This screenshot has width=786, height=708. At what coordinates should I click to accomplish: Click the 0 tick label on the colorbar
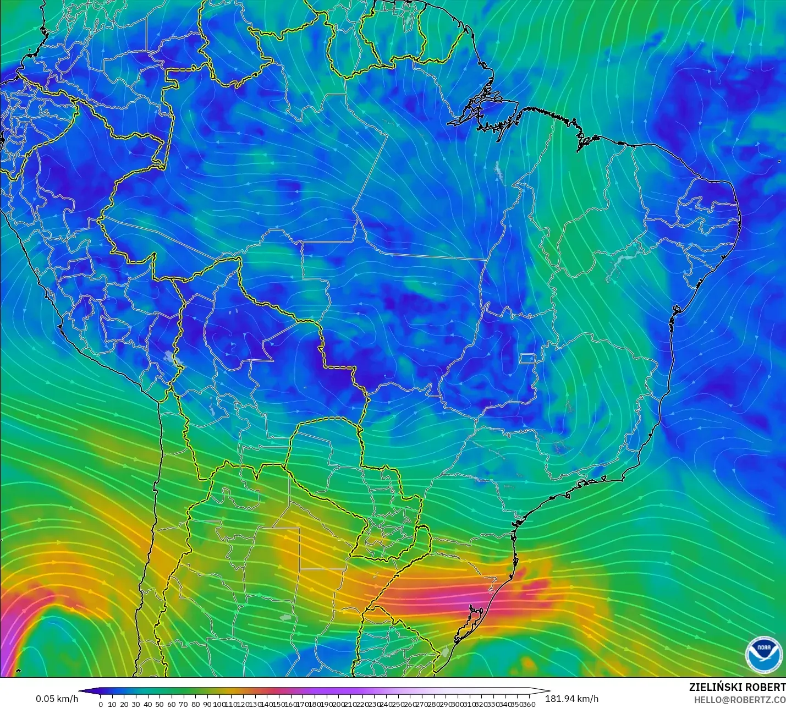point(100,704)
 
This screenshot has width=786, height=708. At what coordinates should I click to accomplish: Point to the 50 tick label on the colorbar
point(160,704)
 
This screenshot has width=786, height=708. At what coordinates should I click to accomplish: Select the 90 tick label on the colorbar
point(207,704)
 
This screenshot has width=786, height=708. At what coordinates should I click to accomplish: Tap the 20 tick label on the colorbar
point(124,704)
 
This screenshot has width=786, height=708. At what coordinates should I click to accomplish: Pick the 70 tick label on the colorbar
point(183,704)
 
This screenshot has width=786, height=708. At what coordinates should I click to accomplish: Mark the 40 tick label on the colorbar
point(147,704)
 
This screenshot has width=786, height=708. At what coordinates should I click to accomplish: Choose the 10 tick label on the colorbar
point(112,704)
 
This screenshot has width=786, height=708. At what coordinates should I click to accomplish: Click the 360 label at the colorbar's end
point(529,704)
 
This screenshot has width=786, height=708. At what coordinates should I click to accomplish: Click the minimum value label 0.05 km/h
point(57,699)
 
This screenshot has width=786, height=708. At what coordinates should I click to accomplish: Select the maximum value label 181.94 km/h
point(571,699)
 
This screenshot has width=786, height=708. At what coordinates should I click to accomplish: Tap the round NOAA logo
point(763,654)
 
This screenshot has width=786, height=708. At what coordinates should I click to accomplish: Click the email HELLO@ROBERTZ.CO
point(739,700)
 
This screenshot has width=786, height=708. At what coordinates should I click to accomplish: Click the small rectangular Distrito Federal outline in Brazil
point(528,359)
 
